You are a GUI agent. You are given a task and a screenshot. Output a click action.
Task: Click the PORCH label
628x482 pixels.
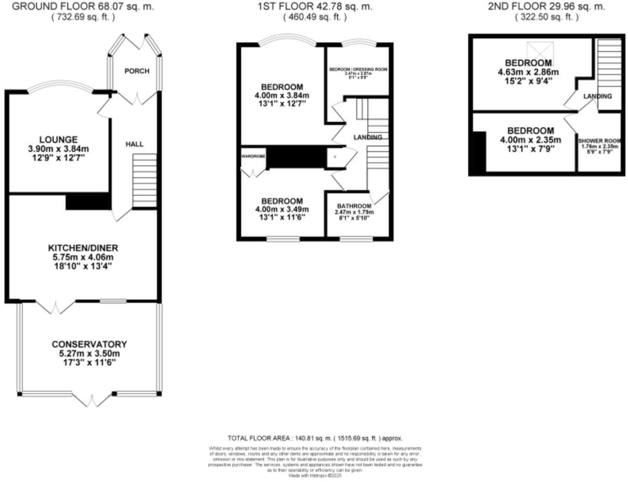[x=136, y=71]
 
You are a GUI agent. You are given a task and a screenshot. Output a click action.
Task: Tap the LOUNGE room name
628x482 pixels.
[x=58, y=140]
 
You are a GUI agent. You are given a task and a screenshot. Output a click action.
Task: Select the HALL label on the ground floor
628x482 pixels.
[x=135, y=144]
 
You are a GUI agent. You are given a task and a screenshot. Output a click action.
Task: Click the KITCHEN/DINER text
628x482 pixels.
[x=83, y=248]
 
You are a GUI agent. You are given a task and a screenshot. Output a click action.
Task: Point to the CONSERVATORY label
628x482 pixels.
[x=89, y=344]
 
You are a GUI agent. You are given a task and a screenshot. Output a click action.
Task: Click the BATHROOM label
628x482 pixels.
[x=354, y=206]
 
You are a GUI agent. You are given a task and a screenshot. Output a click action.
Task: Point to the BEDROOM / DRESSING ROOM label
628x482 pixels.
[x=358, y=69]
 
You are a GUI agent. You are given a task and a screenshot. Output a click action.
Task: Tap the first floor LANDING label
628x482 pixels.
[x=368, y=137]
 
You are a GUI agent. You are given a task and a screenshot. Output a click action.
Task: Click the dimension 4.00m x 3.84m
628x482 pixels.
[x=282, y=95]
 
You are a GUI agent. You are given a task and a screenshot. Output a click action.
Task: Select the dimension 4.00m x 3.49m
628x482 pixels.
[x=282, y=210]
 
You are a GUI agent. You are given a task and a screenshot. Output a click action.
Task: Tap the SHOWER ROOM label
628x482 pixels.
[x=600, y=141]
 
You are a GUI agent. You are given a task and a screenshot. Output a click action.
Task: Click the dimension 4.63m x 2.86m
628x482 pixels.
[x=528, y=72]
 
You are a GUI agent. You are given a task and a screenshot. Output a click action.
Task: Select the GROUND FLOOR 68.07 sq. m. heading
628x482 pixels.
[x=83, y=6]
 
